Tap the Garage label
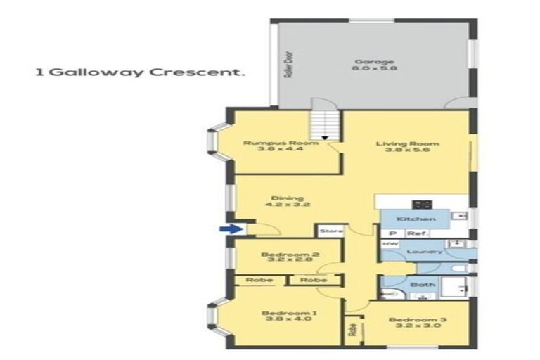(374, 62)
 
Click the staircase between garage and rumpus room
(325, 126)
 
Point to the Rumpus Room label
(271, 143)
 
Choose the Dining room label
(278, 198)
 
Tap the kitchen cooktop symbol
(422, 205)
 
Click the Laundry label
(428, 252)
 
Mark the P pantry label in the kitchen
(392, 233)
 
